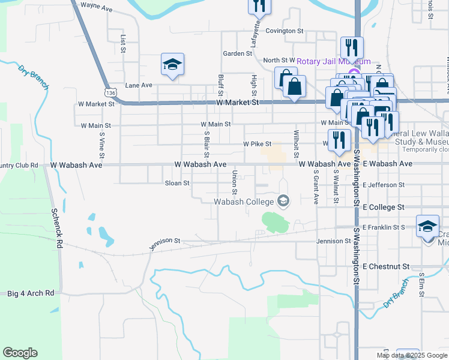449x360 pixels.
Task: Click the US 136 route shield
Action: point(110,93)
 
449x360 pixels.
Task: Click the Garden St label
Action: point(237,53)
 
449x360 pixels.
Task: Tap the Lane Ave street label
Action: point(139,85)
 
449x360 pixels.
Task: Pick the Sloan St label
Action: point(177,183)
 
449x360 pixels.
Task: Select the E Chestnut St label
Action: point(387,266)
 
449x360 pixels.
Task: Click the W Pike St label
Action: point(258,144)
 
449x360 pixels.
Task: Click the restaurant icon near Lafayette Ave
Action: point(259,6)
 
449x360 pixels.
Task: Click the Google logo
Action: point(20,353)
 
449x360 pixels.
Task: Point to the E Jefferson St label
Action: point(388,185)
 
